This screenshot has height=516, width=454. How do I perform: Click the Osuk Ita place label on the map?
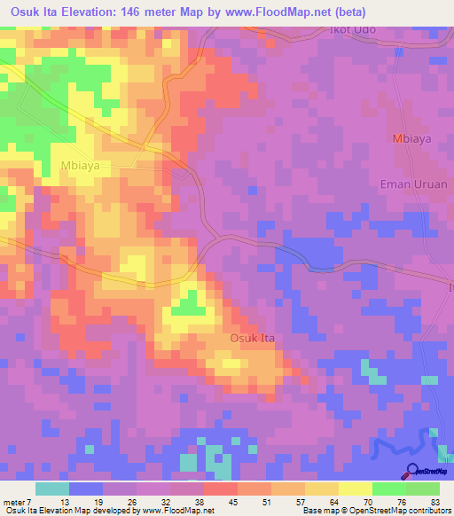click(255, 338)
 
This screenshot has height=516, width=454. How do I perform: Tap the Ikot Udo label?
click(353, 30)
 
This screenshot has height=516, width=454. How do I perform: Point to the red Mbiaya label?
click(411, 140)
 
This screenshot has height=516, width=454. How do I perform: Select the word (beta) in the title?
click(347, 12)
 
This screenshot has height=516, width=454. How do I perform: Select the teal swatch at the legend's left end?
click(52, 489)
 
